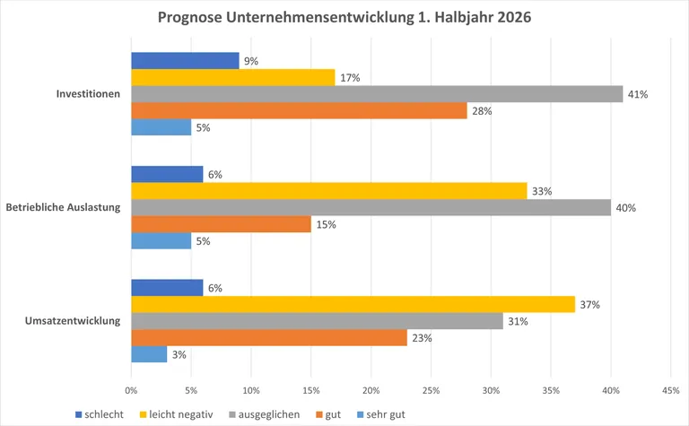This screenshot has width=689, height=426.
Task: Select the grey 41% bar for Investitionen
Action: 377,94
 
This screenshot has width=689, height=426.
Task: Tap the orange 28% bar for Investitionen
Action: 299,110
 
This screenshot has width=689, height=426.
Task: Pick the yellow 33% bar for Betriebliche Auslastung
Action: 328,191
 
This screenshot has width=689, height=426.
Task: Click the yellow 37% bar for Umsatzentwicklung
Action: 353,305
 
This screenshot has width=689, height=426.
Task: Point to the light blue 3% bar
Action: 149,354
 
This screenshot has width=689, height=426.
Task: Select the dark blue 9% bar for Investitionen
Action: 185,61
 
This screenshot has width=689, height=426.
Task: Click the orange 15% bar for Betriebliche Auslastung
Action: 221,224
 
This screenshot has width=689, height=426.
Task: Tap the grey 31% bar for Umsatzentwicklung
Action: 317,321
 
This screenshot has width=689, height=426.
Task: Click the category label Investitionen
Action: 88,94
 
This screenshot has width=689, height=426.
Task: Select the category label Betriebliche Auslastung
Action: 63,208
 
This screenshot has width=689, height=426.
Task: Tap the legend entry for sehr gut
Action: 380,414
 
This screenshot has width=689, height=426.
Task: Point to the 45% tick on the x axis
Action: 670,391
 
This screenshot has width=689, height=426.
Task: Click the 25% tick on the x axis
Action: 431,391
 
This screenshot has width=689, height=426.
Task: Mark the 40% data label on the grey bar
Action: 625,208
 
